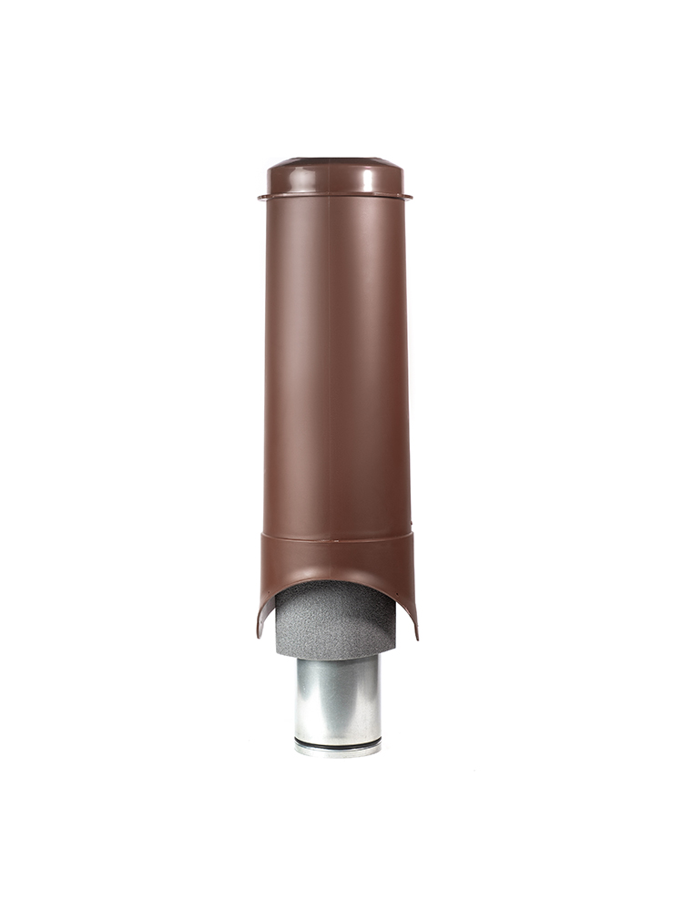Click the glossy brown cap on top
coord(335,178)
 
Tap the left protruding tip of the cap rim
coord(260,196)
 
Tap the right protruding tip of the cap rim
coord(410,195)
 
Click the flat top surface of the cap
coord(335,161)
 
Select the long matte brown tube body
coord(335,364)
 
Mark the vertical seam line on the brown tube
coord(329,364)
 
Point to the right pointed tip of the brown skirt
coord(416,637)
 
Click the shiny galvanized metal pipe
coord(337,697)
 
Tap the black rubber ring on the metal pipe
coord(337,744)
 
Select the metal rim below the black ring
coord(337,752)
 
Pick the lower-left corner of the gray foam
coord(277,654)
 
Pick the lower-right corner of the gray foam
coord(395,653)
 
